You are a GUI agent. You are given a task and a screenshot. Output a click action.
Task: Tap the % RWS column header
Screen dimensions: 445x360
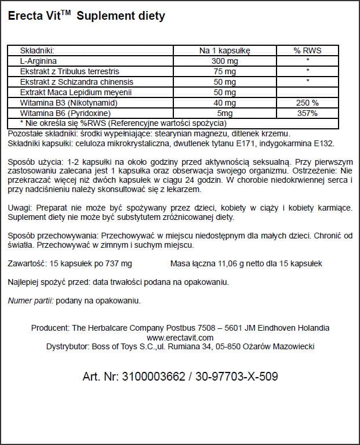pos(307,50)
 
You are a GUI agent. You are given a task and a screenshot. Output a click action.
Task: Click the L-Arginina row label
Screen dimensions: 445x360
pos(38,61)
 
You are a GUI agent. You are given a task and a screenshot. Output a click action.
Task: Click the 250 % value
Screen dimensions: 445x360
pos(307,103)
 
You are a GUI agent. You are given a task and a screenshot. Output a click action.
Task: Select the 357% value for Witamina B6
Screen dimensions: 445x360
pos(307,113)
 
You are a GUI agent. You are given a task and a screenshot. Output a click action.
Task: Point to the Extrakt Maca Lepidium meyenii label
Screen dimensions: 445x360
pos(76,92)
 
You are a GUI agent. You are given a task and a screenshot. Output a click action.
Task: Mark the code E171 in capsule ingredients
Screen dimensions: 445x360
pos(246,143)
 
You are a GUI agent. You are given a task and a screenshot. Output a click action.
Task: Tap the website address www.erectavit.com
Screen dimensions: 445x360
pos(180,337)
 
